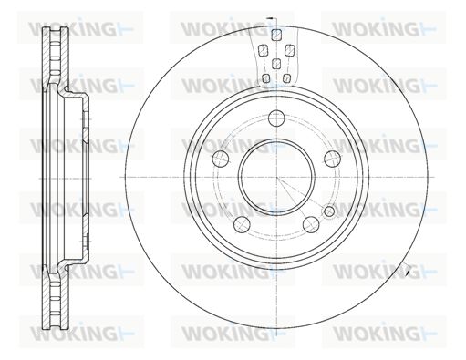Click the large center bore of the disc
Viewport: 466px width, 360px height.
coord(276,177)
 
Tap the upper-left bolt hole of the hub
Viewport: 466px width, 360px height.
coord(221,159)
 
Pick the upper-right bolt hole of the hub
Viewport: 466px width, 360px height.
coord(332,159)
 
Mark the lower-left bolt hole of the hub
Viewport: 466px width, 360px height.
coord(242,224)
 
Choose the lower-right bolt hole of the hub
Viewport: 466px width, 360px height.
coord(311,224)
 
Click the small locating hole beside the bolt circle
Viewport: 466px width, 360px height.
coord(329,211)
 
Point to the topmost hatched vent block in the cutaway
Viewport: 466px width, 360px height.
coord(276,35)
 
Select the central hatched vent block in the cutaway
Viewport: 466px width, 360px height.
coord(275,63)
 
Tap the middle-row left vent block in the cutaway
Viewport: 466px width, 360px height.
coord(263,50)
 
